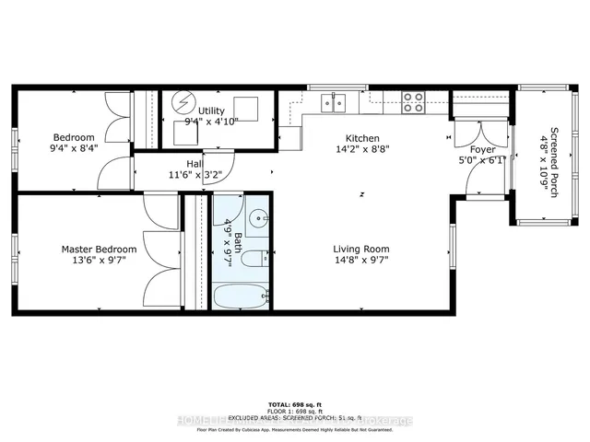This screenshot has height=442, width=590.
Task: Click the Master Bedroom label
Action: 99,249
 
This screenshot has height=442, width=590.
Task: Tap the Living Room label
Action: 361,249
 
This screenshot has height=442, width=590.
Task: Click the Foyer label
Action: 482,149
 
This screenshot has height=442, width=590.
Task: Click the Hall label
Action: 194,163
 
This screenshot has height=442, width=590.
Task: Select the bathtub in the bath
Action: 240,297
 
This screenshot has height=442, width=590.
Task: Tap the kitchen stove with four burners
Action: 412,102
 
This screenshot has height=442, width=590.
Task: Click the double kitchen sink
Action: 335,102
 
